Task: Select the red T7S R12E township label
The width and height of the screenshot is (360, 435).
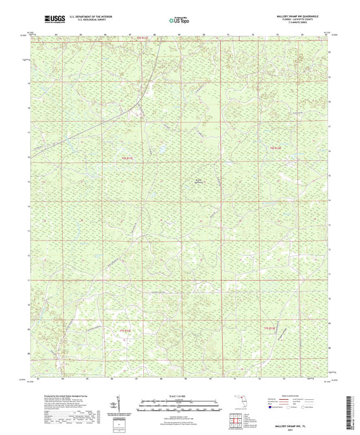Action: pos(269,328)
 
